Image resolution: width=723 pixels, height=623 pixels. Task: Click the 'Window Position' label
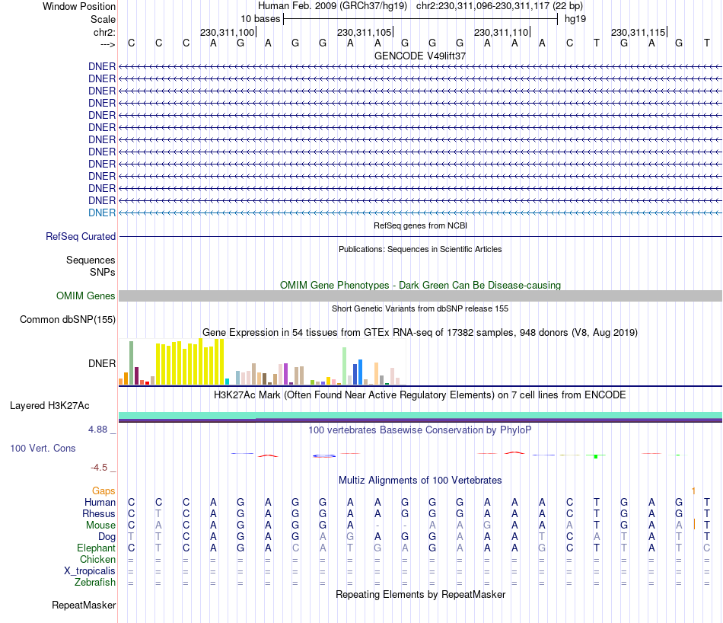tap(79, 6)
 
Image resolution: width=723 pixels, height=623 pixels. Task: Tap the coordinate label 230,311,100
tap(227, 32)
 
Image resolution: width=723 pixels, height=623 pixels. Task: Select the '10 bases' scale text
tap(260, 19)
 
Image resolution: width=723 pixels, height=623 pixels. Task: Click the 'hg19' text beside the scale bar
tap(575, 19)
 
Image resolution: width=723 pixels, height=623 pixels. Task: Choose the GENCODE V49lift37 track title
tap(420, 56)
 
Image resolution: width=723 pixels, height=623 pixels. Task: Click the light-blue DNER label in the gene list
tap(102, 212)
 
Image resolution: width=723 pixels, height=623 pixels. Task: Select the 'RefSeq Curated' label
tap(81, 237)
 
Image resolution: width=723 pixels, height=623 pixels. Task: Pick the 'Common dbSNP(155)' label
tap(67, 320)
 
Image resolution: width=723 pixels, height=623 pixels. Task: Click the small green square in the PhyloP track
tap(596, 455)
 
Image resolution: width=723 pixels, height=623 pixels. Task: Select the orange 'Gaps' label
tap(104, 490)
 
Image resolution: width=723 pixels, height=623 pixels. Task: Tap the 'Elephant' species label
tap(96, 548)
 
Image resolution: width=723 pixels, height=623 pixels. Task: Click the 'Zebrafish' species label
tap(95, 582)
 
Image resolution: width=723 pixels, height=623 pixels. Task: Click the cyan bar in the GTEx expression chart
tap(227, 381)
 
